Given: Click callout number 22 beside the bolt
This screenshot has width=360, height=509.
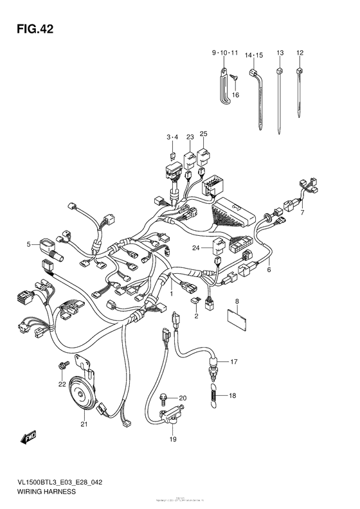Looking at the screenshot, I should point(62,385).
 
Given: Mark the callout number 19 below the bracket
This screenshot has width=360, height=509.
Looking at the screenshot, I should point(173,440).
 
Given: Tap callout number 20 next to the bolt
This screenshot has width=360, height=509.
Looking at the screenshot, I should point(183,398).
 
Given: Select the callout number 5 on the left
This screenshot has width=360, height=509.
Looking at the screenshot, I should point(29,244).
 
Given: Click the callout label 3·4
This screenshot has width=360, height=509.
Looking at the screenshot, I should point(172,137).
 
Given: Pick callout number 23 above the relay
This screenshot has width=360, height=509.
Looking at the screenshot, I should point(190,137).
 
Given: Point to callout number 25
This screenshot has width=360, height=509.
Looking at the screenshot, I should point(203,134).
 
